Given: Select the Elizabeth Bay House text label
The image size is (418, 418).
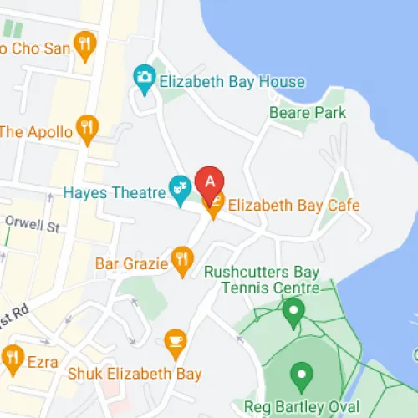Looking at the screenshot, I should tap(231, 82).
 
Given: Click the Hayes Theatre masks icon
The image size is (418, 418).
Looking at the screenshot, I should tap(179, 186).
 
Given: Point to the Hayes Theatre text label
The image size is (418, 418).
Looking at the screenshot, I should tap(115, 192).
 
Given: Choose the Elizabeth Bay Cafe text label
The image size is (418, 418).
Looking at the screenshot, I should tap(293, 204).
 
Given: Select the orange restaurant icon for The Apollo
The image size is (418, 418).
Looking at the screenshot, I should tap(86, 126).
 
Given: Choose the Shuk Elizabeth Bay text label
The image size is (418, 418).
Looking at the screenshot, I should tap(134, 373).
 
